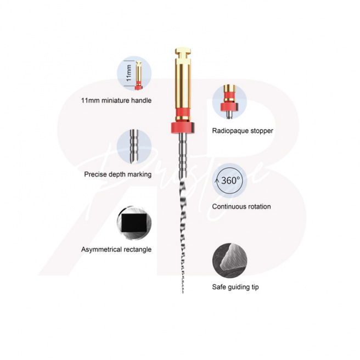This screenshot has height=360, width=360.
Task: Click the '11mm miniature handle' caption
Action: coord(116,100)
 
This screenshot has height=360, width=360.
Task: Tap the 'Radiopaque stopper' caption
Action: coord(243,131)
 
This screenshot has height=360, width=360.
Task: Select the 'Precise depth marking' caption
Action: coord(118,175)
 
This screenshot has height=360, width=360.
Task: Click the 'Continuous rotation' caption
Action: coord(241,206)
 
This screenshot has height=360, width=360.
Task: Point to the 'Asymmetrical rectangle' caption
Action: coord(116,249)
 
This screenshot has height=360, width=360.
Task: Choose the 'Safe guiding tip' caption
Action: coord(235,287)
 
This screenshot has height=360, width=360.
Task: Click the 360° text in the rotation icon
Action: coord(230,181)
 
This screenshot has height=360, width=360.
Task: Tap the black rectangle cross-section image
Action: coord(134,223)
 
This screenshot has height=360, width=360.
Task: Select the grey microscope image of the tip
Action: coord(229,261)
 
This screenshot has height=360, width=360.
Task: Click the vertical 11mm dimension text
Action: coord(129,73)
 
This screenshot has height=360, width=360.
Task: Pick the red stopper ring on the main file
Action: coord(183,128)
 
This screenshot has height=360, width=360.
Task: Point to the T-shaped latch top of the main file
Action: coord(183,53)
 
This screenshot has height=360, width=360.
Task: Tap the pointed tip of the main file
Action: coord(183,292)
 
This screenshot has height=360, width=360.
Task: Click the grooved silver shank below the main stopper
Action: coord(183,156)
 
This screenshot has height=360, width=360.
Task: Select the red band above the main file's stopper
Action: coord(183,113)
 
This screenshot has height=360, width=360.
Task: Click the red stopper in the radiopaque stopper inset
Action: coord(229,107)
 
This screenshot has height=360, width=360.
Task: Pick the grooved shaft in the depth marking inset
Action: coord(134,146)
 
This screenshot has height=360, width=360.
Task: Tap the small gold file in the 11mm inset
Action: coord(138,75)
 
